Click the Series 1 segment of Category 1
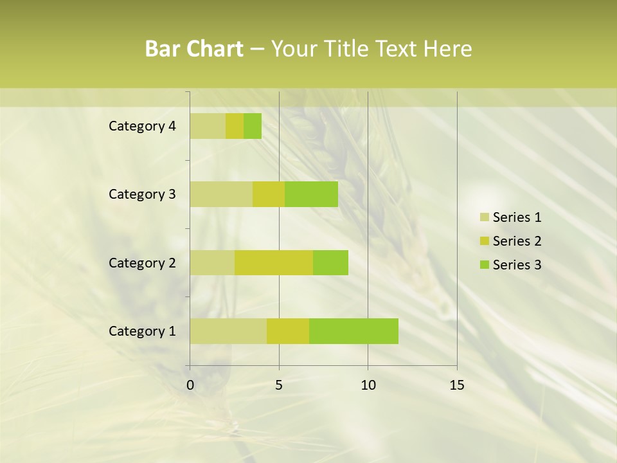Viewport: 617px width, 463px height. coord(228,331)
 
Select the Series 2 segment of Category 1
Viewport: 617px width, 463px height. coord(288,331)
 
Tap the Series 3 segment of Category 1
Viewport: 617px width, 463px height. coord(353,331)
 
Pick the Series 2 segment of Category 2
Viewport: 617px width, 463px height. coord(274,262)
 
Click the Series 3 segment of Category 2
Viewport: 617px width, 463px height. coord(330,262)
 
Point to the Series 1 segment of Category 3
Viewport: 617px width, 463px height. coord(221,194)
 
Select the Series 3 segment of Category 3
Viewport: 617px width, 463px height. coord(311,194)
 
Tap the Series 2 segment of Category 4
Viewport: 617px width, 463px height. coord(235,126)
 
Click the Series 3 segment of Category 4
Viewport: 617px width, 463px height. coord(253,126)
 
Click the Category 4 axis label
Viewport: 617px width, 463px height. coord(142,126)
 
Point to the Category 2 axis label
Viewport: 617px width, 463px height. coord(142,262)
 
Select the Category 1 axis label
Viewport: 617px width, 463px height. coord(142,331)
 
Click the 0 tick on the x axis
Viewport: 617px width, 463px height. coord(190,385)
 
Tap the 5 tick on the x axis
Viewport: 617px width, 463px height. coord(279,385)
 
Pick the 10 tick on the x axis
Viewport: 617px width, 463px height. coord(368,385)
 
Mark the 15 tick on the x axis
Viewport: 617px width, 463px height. coord(456,385)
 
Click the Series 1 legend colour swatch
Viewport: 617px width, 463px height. coord(484,217)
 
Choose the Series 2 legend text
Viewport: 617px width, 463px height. coord(517,241)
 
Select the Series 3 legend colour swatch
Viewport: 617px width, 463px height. coord(484,265)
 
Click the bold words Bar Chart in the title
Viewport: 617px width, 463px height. coord(193,49)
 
